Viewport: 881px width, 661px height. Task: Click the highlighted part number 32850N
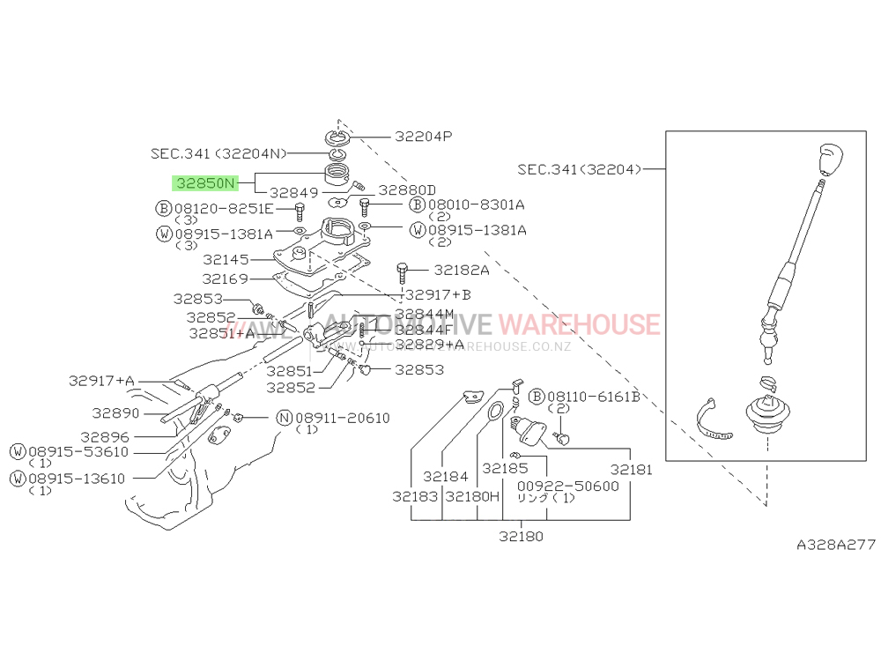tap(205, 183)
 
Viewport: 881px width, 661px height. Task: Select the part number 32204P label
tap(423, 137)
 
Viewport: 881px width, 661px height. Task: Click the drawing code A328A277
tap(835, 546)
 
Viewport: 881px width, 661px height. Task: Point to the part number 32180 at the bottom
tap(521, 536)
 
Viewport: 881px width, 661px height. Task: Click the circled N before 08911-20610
tap(284, 417)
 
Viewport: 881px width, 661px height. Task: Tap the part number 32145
tap(226, 260)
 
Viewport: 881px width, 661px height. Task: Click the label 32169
tap(226, 279)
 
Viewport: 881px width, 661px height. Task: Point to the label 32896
tap(104, 436)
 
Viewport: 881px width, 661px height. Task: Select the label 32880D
tap(407, 190)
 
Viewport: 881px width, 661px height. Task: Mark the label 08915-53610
tap(78, 452)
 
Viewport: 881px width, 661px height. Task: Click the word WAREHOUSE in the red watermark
tap(579, 324)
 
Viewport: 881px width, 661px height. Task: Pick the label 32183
tap(415, 497)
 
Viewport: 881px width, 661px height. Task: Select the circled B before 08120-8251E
tap(163, 209)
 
